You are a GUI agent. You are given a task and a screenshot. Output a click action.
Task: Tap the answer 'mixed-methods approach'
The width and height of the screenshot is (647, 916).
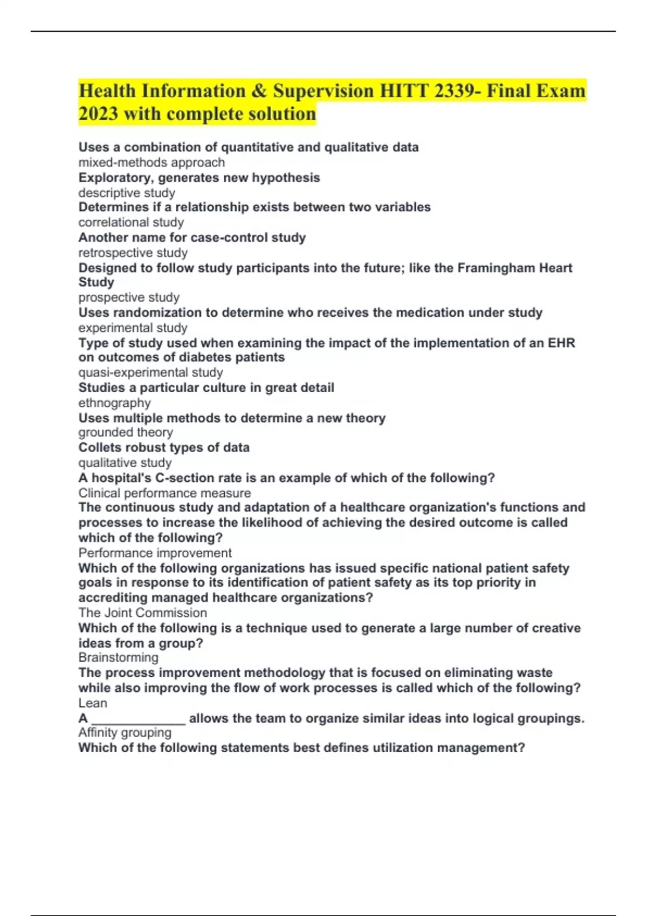[152, 163]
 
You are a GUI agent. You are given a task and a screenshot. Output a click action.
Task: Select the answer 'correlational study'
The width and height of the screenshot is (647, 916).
[131, 223]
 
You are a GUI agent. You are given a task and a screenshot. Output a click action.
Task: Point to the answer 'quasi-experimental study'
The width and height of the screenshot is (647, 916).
[150, 372]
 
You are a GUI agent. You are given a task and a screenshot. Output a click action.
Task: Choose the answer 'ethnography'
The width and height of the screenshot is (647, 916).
[114, 403]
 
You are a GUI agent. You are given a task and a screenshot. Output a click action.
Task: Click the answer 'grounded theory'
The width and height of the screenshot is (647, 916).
[126, 432]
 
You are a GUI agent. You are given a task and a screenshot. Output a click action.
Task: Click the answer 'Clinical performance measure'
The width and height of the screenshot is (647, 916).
[164, 493]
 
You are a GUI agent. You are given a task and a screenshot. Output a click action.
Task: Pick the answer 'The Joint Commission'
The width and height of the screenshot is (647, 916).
[142, 613]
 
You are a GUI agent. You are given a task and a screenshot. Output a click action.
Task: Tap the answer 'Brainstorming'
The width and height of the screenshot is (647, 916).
[118, 657]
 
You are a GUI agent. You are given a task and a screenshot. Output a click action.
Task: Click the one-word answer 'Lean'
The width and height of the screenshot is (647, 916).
[93, 703]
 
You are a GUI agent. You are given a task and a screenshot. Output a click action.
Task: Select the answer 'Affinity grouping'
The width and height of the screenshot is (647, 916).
[125, 733]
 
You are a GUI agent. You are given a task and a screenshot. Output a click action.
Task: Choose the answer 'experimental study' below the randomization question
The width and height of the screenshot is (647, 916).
[133, 328]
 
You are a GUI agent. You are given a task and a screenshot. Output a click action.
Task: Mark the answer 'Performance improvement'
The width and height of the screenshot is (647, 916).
[155, 553]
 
